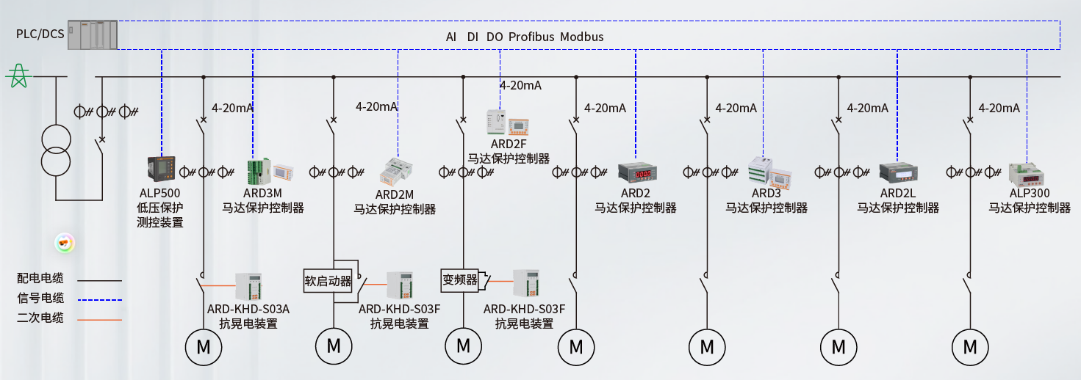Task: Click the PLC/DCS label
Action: pyautogui.click(x=40, y=33)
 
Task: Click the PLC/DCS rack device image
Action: pyautogui.click(x=93, y=34)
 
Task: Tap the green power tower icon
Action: pyautogui.click(x=18, y=76)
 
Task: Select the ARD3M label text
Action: pyautogui.click(x=262, y=193)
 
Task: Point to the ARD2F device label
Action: pyautogui.click(x=509, y=143)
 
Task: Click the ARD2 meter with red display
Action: pyautogui.click(x=636, y=172)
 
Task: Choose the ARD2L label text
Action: pyautogui.click(x=897, y=193)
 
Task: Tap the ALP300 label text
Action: pyautogui.click(x=1029, y=193)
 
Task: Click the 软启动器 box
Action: pyautogui.click(x=328, y=280)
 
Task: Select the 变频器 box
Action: pyautogui.click(x=460, y=279)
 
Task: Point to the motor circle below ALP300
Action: pyautogui.click(x=970, y=346)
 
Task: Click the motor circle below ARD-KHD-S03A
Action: pyautogui.click(x=203, y=346)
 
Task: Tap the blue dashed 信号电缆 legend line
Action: pyautogui.click(x=99, y=299)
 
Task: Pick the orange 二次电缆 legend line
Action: pyautogui.click(x=99, y=319)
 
